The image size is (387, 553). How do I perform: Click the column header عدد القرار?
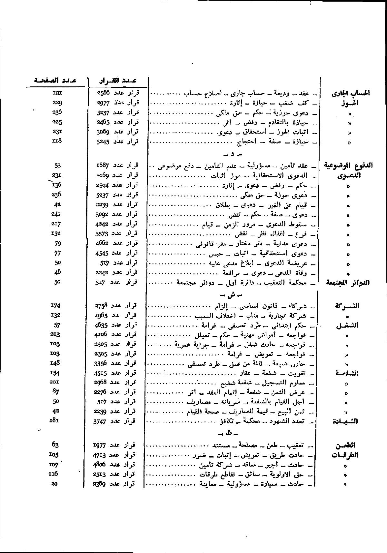(117, 80)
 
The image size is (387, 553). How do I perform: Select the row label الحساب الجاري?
(351, 94)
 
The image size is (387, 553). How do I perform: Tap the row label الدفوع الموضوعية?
(348, 166)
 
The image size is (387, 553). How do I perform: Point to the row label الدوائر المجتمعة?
(348, 283)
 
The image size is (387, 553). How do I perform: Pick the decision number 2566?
(104, 93)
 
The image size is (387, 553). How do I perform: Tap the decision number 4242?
(104, 224)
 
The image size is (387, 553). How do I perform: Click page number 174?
(56, 305)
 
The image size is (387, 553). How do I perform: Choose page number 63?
(55, 445)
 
